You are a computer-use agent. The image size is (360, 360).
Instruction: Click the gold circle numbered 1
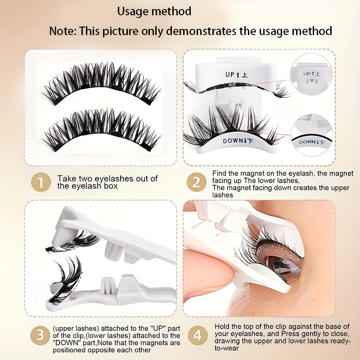point(41,182)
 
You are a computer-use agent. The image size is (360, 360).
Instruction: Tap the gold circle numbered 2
point(196,182)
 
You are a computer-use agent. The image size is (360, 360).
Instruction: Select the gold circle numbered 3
point(40,335)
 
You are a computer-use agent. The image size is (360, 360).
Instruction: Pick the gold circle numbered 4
point(198,335)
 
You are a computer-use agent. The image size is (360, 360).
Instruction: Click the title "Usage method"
point(154,11)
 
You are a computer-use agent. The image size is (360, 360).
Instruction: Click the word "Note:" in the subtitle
point(63,31)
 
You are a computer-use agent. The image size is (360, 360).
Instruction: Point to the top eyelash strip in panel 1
point(101,83)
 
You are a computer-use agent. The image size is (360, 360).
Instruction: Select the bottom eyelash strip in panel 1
point(101,130)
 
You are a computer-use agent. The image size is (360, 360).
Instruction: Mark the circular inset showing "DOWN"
point(312,135)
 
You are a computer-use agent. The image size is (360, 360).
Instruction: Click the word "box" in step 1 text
point(110,186)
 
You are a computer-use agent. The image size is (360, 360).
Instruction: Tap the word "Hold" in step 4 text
point(222,326)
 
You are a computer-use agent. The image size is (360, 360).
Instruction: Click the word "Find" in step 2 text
point(220,173)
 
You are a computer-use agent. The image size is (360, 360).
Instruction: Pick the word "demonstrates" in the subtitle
point(201,31)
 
